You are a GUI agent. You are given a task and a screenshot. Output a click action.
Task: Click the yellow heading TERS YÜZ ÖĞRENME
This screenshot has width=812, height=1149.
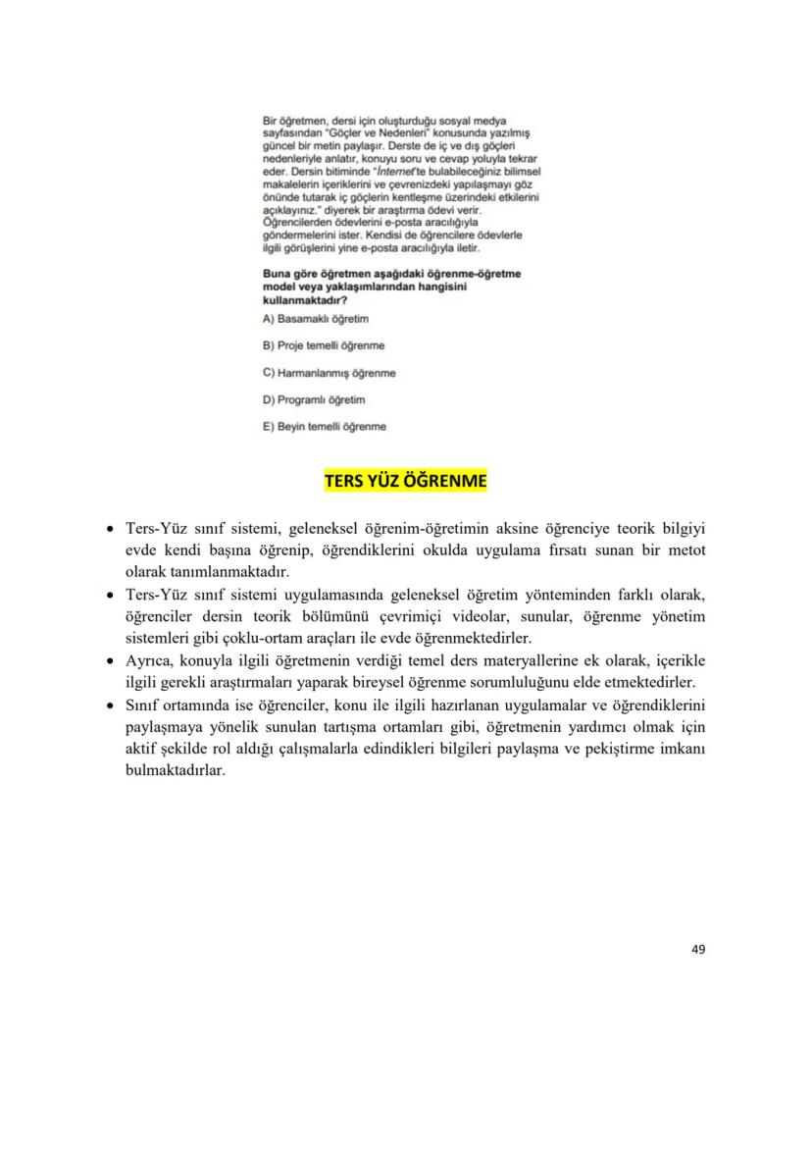405,481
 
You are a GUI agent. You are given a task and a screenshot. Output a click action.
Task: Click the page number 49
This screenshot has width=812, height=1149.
698,949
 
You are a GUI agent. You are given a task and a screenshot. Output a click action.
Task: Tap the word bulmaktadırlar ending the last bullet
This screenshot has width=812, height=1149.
176,771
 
